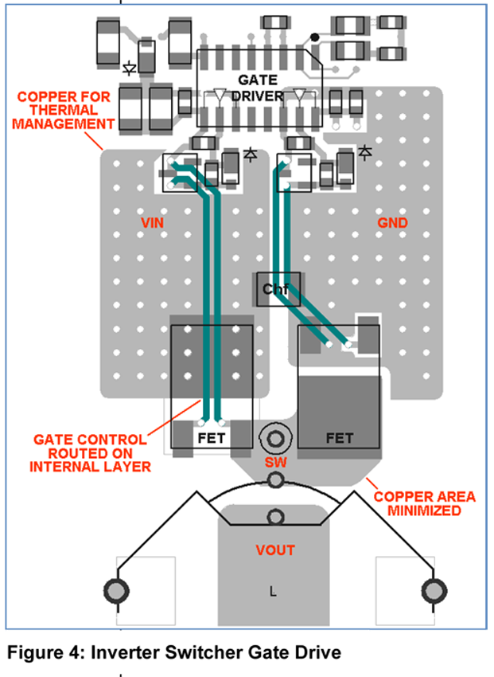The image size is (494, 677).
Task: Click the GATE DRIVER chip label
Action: pyautogui.click(x=257, y=88)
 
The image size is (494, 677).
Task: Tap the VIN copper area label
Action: pyautogui.click(x=152, y=224)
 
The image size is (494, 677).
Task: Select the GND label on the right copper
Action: pyautogui.click(x=393, y=224)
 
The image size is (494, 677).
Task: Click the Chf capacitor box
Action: pyautogui.click(x=276, y=290)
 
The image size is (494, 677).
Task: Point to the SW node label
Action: pyautogui.click(x=275, y=463)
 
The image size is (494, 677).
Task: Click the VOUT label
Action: pyautogui.click(x=275, y=550)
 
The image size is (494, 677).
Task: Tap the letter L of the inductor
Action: pyautogui.click(x=274, y=591)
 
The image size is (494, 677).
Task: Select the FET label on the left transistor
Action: pyautogui.click(x=212, y=438)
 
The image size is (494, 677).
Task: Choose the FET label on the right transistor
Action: pyautogui.click(x=340, y=438)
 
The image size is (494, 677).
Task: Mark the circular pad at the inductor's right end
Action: pyautogui.click(x=434, y=591)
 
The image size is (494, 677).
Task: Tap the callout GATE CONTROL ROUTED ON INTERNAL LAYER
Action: pyautogui.click(x=90, y=452)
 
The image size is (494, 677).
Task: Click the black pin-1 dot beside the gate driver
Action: pyautogui.click(x=315, y=37)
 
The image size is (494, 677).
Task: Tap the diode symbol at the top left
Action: pyautogui.click(x=131, y=65)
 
